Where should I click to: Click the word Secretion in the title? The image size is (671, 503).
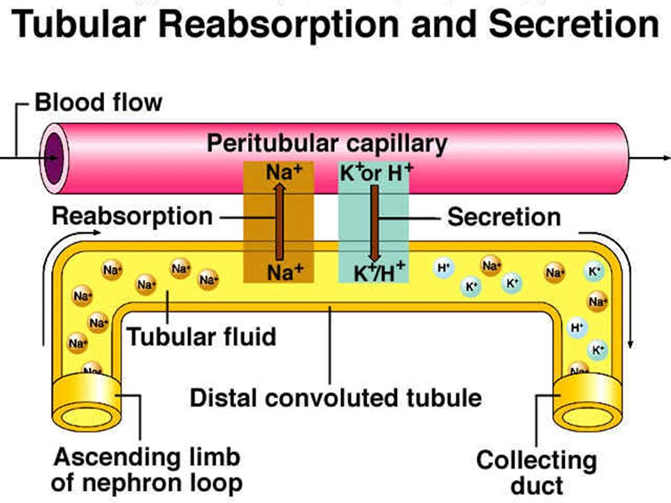[574, 24]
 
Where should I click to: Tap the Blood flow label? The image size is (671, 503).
[99, 103]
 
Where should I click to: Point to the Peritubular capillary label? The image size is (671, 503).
[327, 143]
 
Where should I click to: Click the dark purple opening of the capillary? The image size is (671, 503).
[55, 159]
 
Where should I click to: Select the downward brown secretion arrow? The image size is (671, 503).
[375, 223]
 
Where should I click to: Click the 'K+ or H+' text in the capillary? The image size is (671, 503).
[376, 173]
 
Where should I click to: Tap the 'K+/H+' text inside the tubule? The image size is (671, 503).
[379, 272]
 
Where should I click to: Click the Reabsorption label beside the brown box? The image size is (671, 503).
[132, 216]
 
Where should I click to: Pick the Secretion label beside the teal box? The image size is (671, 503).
[504, 217]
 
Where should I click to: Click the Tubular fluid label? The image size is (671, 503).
[201, 337]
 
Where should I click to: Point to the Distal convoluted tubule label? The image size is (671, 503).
[336, 398]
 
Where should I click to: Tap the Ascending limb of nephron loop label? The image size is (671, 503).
[147, 470]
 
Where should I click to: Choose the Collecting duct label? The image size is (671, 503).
[537, 473]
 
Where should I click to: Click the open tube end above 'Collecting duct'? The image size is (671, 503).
[587, 417]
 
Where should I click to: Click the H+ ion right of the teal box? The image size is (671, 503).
[443, 268]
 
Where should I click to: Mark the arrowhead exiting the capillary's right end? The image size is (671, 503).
[667, 159]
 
